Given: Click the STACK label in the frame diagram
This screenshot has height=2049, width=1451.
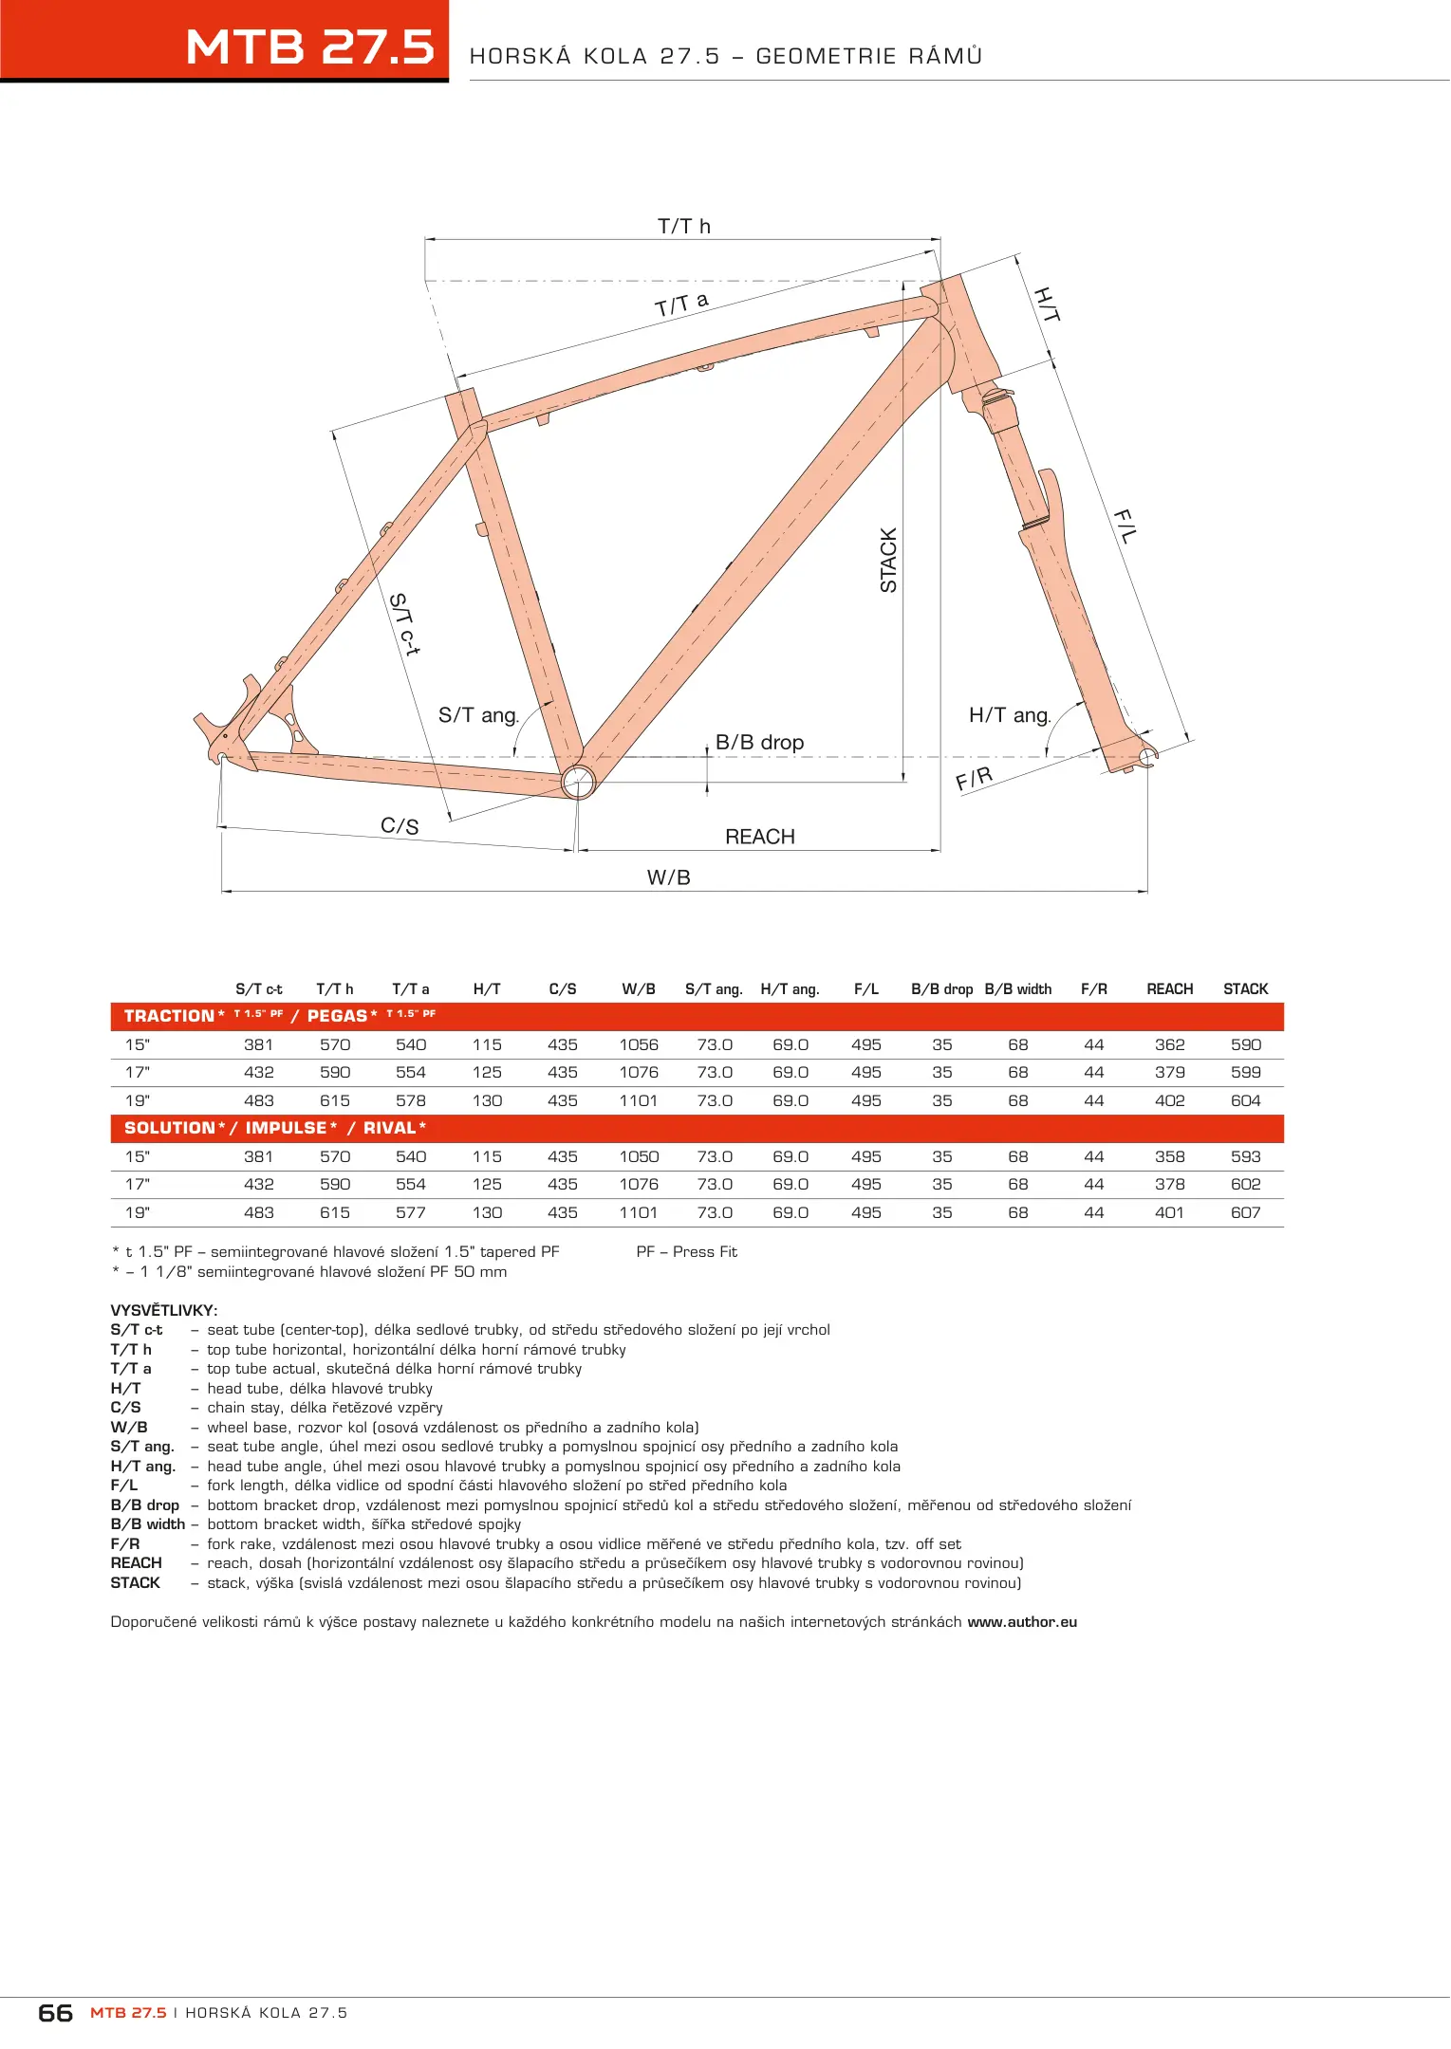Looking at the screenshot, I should click(x=888, y=561).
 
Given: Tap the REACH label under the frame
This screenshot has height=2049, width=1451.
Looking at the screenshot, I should click(x=759, y=837).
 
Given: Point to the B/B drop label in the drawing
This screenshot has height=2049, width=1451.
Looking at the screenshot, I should click(x=759, y=742).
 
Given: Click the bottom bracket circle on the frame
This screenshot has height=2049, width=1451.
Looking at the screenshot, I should click(x=578, y=782).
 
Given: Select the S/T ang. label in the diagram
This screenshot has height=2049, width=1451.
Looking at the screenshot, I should click(x=478, y=715).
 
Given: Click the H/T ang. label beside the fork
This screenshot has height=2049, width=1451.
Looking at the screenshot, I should click(x=1010, y=715).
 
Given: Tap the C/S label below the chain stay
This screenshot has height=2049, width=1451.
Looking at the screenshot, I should click(x=400, y=826).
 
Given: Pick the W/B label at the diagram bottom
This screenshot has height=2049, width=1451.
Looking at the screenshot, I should click(x=668, y=877).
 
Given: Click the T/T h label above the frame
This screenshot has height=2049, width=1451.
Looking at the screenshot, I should click(x=683, y=226).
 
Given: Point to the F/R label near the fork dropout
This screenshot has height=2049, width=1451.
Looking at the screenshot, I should click(x=975, y=779).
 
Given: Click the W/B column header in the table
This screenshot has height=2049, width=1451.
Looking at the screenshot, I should click(x=639, y=988).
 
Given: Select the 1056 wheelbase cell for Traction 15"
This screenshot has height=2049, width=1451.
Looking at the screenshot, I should click(x=639, y=1044).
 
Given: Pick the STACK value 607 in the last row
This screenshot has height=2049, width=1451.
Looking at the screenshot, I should click(x=1245, y=1212).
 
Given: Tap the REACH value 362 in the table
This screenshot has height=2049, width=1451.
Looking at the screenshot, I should click(x=1169, y=1044).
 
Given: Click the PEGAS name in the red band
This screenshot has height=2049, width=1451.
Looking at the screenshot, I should click(x=337, y=1016).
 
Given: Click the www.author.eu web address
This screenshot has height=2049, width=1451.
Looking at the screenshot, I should click(x=1022, y=1622).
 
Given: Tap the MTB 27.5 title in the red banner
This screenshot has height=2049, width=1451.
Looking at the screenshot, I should click(x=309, y=46).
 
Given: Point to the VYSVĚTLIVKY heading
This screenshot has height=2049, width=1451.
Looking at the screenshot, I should click(x=163, y=1310).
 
